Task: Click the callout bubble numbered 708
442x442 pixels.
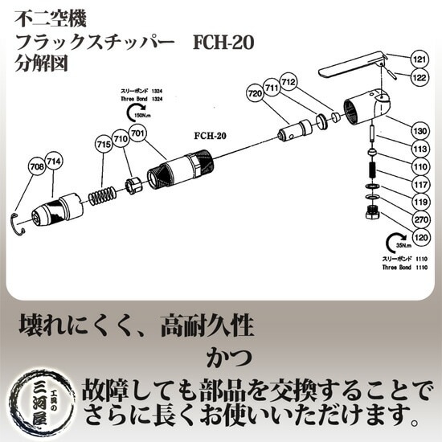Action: click(36, 166)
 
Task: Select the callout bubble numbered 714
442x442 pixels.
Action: click(54, 160)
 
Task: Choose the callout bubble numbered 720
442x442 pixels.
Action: click(256, 94)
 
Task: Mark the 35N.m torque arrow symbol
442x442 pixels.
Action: click(396, 242)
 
